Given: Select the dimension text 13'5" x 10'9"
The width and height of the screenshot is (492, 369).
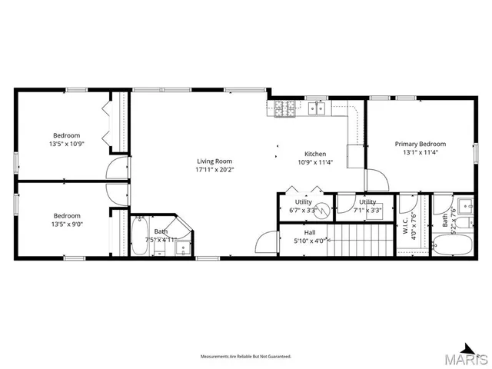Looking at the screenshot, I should tap(66, 144).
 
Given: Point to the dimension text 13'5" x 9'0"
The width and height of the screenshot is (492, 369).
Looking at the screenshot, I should tap(66, 224).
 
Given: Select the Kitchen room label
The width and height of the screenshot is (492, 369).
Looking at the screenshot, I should tap(314, 153).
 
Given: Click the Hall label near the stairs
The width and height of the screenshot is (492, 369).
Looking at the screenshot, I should tap(309, 231).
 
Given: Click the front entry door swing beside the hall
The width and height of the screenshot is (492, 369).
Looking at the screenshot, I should tap(264, 242).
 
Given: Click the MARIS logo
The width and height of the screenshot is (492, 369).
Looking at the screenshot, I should tap(469, 357).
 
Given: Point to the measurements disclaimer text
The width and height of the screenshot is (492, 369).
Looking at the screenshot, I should tap(245, 357).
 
